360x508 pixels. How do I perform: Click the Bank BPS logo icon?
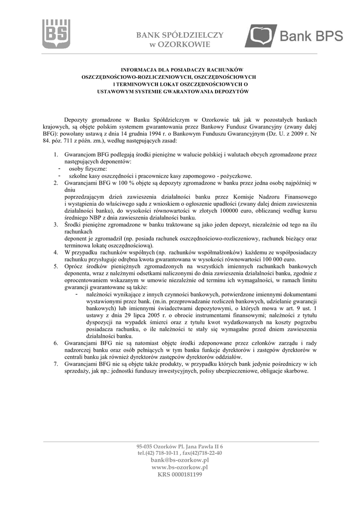tap(261, 35)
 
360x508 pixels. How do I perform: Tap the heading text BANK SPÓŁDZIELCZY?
tap(180, 35)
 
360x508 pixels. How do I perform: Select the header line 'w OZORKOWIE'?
tap(180, 45)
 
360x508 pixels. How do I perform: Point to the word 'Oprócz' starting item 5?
tap(74, 266)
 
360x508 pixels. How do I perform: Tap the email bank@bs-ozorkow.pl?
tap(179, 460)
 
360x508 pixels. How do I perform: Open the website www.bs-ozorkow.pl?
tap(179, 467)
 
